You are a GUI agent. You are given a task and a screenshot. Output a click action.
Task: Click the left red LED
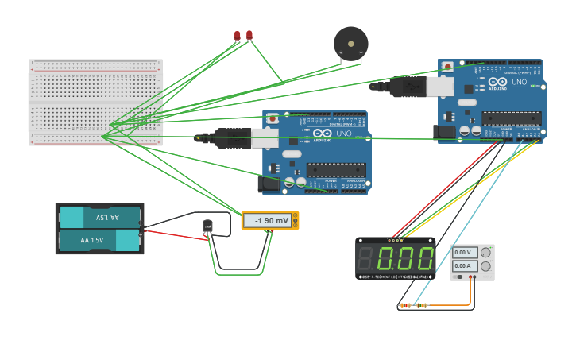(238, 35)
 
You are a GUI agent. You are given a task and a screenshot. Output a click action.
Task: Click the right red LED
(249, 34)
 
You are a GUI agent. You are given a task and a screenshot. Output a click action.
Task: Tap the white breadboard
(95, 102)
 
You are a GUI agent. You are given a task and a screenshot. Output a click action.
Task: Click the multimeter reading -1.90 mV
(270, 220)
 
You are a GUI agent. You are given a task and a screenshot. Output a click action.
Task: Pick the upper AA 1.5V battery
(100, 217)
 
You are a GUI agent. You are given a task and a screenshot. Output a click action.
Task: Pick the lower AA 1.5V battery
(100, 239)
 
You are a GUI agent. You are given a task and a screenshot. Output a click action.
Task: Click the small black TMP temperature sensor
(208, 226)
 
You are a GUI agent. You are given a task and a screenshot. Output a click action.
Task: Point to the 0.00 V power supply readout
(463, 253)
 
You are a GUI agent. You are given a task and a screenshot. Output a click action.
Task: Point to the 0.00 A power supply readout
(463, 265)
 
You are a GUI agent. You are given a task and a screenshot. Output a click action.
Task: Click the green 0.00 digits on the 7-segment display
(405, 258)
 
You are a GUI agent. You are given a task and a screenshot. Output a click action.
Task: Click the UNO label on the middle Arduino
(344, 134)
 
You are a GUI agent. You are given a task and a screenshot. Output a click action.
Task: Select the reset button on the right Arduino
(448, 66)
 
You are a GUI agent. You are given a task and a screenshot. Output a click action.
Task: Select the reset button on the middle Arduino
(273, 118)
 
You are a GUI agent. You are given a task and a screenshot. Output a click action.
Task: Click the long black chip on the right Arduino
(511, 118)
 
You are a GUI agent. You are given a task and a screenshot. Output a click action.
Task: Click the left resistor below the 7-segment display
(406, 305)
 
